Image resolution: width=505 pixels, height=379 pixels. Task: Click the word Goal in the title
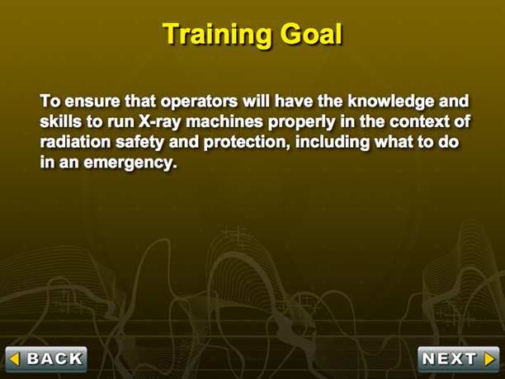(311, 34)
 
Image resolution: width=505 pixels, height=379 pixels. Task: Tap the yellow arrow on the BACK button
(15, 359)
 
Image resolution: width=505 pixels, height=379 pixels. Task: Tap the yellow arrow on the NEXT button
(490, 358)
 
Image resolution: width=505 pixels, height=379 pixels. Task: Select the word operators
(199, 102)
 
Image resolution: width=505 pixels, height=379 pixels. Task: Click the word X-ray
(160, 122)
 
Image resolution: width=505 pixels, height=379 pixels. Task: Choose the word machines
(224, 121)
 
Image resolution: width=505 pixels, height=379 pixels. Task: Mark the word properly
(301, 122)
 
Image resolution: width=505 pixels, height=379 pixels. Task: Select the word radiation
(75, 142)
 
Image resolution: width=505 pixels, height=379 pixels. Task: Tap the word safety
(139, 143)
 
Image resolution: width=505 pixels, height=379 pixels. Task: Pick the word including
(333, 143)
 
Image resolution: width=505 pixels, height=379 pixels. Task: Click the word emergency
(130, 163)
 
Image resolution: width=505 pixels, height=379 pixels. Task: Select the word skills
(60, 121)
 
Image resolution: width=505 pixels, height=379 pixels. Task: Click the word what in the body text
(394, 142)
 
